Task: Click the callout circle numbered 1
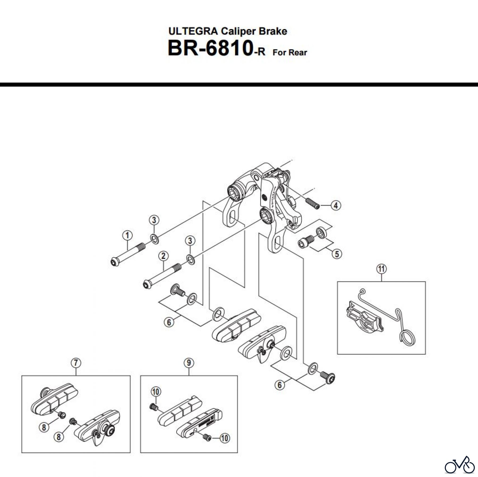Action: tap(127, 235)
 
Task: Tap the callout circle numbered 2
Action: tap(163, 256)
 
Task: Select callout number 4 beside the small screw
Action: tap(336, 205)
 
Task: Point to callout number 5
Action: tap(337, 254)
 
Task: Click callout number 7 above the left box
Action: tap(76, 363)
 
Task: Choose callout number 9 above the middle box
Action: tap(189, 363)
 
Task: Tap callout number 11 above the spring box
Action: tap(381, 269)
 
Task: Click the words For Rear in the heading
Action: tap(290, 53)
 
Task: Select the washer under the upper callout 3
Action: tap(154, 238)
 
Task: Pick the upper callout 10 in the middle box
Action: tap(156, 392)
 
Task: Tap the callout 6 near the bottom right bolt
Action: tap(279, 385)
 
